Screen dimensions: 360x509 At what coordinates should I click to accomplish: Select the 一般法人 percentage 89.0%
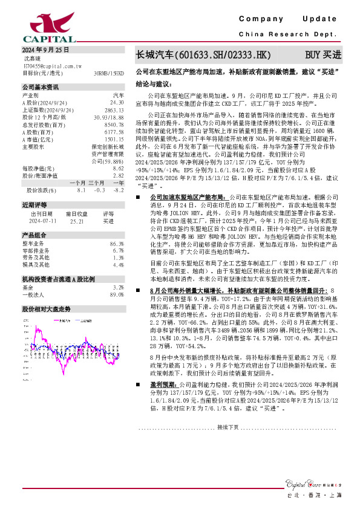pyautogui.click(x=117, y=294)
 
